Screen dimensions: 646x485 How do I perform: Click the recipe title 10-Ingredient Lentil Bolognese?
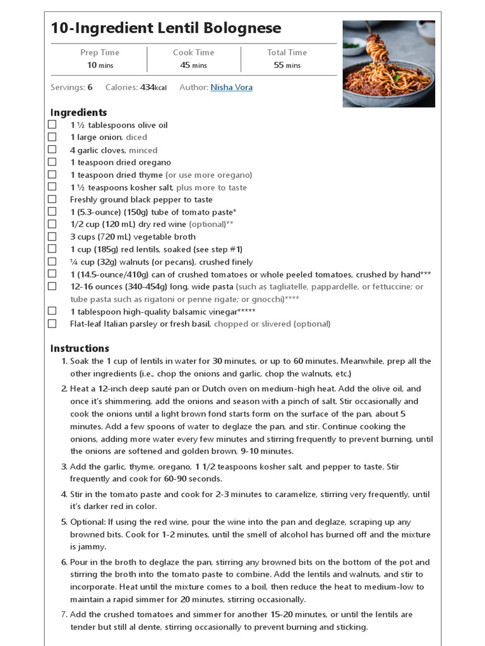(165, 28)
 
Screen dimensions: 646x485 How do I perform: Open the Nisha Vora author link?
(231, 88)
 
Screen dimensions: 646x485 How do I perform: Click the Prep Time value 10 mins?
(99, 65)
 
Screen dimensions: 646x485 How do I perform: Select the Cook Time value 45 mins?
(193, 65)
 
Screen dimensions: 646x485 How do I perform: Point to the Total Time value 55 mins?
(287, 65)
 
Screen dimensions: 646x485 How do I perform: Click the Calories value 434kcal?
(153, 88)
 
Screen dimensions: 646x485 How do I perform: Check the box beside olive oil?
(52, 125)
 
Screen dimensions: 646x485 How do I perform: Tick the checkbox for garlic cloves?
(52, 150)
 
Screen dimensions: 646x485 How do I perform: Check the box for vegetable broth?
(52, 237)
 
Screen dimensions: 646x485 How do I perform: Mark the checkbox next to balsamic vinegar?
(52, 311)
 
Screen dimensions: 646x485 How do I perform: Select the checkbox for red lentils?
(52, 249)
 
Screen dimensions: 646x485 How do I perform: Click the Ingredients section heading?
(78, 112)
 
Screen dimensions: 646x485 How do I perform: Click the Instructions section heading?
(80, 348)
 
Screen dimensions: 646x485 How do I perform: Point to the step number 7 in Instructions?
(64, 614)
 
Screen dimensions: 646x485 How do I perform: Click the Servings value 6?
(90, 88)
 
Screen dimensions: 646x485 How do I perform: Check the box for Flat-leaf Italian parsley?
(52, 324)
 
